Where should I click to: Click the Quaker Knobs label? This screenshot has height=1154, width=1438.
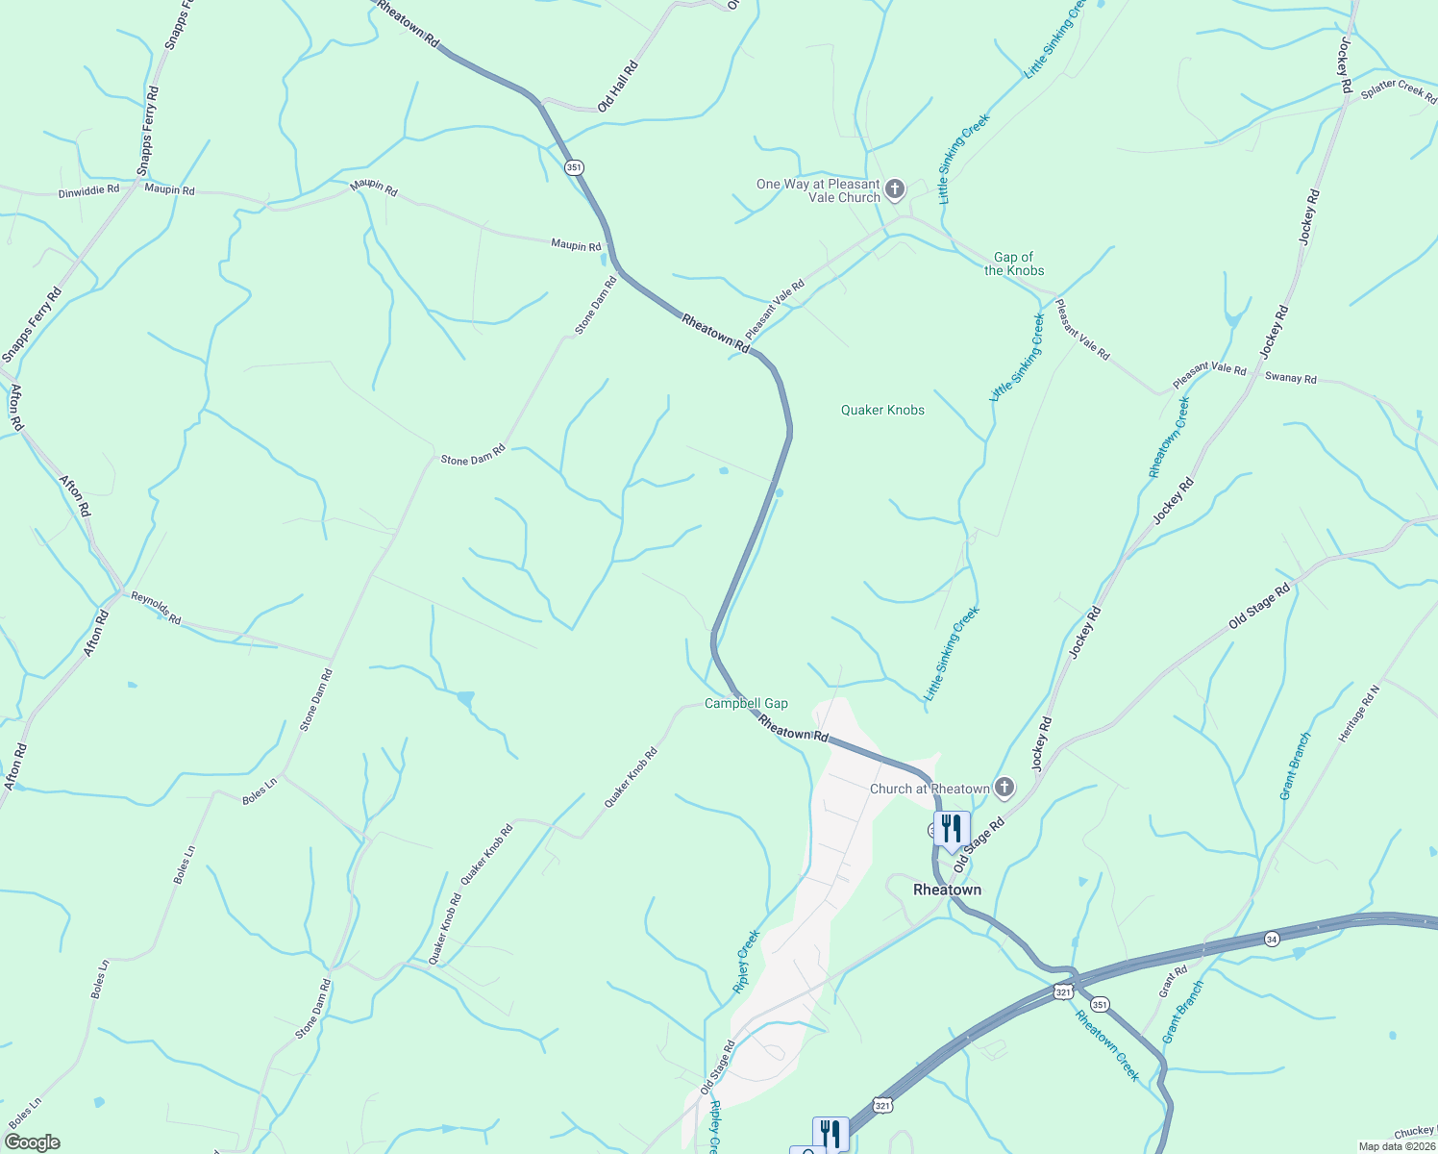tap(882, 411)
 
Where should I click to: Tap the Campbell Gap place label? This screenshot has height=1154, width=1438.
tap(746, 704)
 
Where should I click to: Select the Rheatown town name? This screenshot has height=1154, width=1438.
tap(947, 891)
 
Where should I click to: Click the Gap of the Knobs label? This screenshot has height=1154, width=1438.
tap(1014, 263)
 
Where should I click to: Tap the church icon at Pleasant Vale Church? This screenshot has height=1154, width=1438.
tap(895, 188)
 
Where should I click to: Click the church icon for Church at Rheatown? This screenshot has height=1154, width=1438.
tap(1004, 789)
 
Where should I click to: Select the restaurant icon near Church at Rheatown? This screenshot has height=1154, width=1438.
tap(952, 828)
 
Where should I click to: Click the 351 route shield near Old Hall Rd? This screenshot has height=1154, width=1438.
tap(574, 167)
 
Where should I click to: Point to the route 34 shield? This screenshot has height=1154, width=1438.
tap(1272, 939)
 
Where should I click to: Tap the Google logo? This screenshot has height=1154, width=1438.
tap(32, 1142)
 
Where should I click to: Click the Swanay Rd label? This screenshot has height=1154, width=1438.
tap(1290, 378)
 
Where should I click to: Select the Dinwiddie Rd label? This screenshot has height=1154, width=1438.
tap(88, 190)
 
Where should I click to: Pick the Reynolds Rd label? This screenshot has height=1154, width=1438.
tap(157, 608)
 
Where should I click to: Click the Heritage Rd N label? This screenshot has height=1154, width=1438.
tap(1358, 714)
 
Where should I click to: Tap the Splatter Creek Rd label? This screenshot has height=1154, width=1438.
tap(1400, 92)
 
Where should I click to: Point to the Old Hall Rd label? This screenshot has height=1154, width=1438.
tap(618, 87)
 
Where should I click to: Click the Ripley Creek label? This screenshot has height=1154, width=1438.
tap(747, 961)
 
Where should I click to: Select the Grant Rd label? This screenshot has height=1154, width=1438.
tap(1173, 982)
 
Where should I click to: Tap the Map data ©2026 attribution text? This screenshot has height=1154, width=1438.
tap(1396, 1146)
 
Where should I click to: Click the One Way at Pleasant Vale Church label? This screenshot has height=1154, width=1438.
tap(818, 190)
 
